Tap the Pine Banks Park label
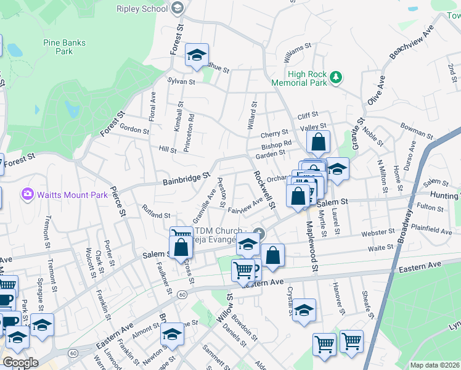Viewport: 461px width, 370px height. pyautogui.click(x=64, y=47)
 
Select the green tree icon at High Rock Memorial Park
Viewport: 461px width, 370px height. pyautogui.click(x=336, y=77)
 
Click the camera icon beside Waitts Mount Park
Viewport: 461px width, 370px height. pyautogui.click(x=28, y=195)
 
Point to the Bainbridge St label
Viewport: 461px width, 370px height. pyautogui.click(x=187, y=179)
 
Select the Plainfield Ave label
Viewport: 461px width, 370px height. pyautogui.click(x=432, y=231)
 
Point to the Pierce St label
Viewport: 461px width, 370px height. pyautogui.click(x=118, y=201)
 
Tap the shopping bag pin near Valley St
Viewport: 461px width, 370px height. pyautogui.click(x=318, y=142)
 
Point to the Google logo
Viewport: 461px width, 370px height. pyautogui.click(x=20, y=363)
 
